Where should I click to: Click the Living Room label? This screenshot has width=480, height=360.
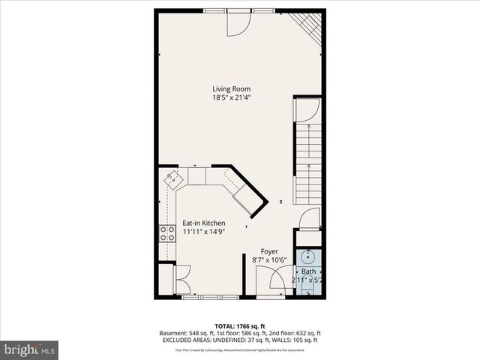click(232, 89)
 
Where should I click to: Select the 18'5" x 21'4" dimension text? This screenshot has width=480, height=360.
click(232, 97)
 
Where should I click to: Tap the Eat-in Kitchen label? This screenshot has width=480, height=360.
click(203, 223)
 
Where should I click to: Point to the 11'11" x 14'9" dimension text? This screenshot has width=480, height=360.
click(203, 232)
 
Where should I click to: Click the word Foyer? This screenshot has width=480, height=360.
click(269, 251)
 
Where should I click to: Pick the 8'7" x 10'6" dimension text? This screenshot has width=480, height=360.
click(269, 259)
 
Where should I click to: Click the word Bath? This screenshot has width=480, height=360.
click(309, 271)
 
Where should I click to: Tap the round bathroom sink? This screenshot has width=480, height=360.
click(308, 256)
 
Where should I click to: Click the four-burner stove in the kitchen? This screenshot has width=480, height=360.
click(165, 234)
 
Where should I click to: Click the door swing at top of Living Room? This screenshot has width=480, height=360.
click(238, 25)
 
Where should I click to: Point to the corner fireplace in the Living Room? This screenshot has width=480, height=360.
click(307, 25)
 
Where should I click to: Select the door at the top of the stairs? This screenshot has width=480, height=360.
click(307, 112)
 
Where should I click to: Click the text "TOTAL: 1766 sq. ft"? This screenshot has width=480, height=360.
click(240, 325)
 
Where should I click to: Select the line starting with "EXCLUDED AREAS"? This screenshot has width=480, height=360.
click(240, 340)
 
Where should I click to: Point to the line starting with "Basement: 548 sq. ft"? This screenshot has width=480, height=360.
click(240, 333)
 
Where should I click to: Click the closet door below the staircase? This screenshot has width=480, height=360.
click(309, 219)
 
